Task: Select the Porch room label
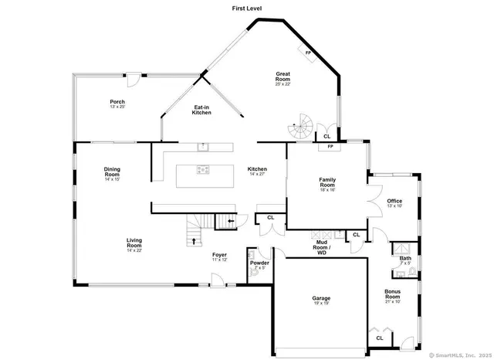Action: point(117,104)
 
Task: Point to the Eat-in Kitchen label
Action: point(201,110)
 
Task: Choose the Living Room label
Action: point(134,244)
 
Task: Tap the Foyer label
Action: point(220,256)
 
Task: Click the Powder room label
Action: point(259,265)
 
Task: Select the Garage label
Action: point(321,300)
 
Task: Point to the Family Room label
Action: point(328,183)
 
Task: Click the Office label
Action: point(394,202)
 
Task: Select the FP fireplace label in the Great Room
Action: point(308,53)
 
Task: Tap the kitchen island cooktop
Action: point(202,171)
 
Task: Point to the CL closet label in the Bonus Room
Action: point(379,338)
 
